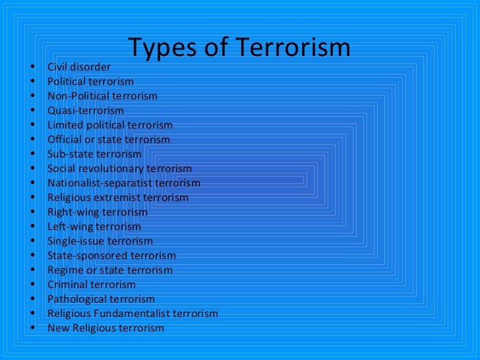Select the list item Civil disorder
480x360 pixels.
(79, 67)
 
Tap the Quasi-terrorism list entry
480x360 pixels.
(85, 111)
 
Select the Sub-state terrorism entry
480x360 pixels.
(94, 154)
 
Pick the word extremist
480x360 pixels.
(115, 198)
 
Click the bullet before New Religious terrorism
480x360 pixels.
(32, 328)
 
